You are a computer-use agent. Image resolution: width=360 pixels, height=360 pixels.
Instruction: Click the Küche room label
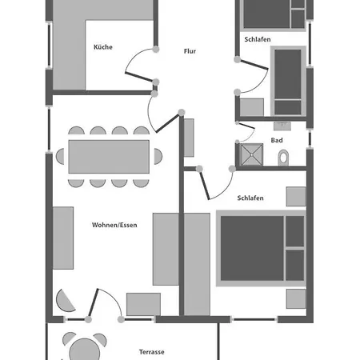coord(102,47)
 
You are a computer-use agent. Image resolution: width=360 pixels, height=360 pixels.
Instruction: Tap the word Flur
coord(189,51)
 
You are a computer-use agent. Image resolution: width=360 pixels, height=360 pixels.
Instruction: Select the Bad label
coord(277,140)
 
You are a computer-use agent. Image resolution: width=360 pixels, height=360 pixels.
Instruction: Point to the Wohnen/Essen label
coord(114,225)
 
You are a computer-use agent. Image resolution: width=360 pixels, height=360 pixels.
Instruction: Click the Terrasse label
coord(151,351)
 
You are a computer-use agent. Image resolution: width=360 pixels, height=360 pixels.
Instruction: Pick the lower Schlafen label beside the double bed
coord(250,198)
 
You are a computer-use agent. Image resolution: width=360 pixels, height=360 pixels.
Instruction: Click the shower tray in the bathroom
coord(250,154)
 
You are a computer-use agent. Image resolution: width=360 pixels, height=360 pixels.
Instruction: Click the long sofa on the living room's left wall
coord(64,238)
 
